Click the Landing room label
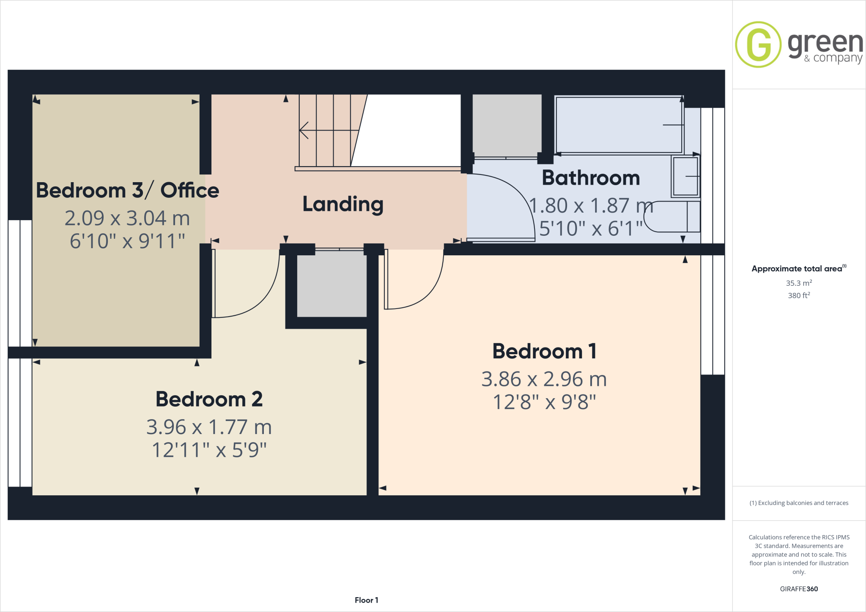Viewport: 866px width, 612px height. coord(343,205)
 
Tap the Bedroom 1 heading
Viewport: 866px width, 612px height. coord(544,351)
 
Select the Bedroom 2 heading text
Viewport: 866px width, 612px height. coord(209,399)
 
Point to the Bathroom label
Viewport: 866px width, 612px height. coord(591,178)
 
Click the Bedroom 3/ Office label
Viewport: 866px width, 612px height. coord(127,191)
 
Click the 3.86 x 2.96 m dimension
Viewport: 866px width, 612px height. coord(544,379)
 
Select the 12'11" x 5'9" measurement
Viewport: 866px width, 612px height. coord(209,450)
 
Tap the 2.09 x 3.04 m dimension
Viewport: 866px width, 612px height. coord(127,219)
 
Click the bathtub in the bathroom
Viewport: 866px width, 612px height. coord(619,125)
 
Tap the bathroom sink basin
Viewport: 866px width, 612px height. coord(685,176)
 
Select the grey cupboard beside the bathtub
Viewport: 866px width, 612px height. coord(507,126)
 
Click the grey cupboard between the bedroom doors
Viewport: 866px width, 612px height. coord(332,284)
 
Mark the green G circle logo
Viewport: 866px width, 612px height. coord(758,44)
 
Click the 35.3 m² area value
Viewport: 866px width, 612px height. coord(798,283)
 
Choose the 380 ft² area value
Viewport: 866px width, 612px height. coord(798,295)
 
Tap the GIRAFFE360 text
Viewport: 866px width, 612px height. coord(798,589)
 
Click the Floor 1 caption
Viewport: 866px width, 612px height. coord(366,600)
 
